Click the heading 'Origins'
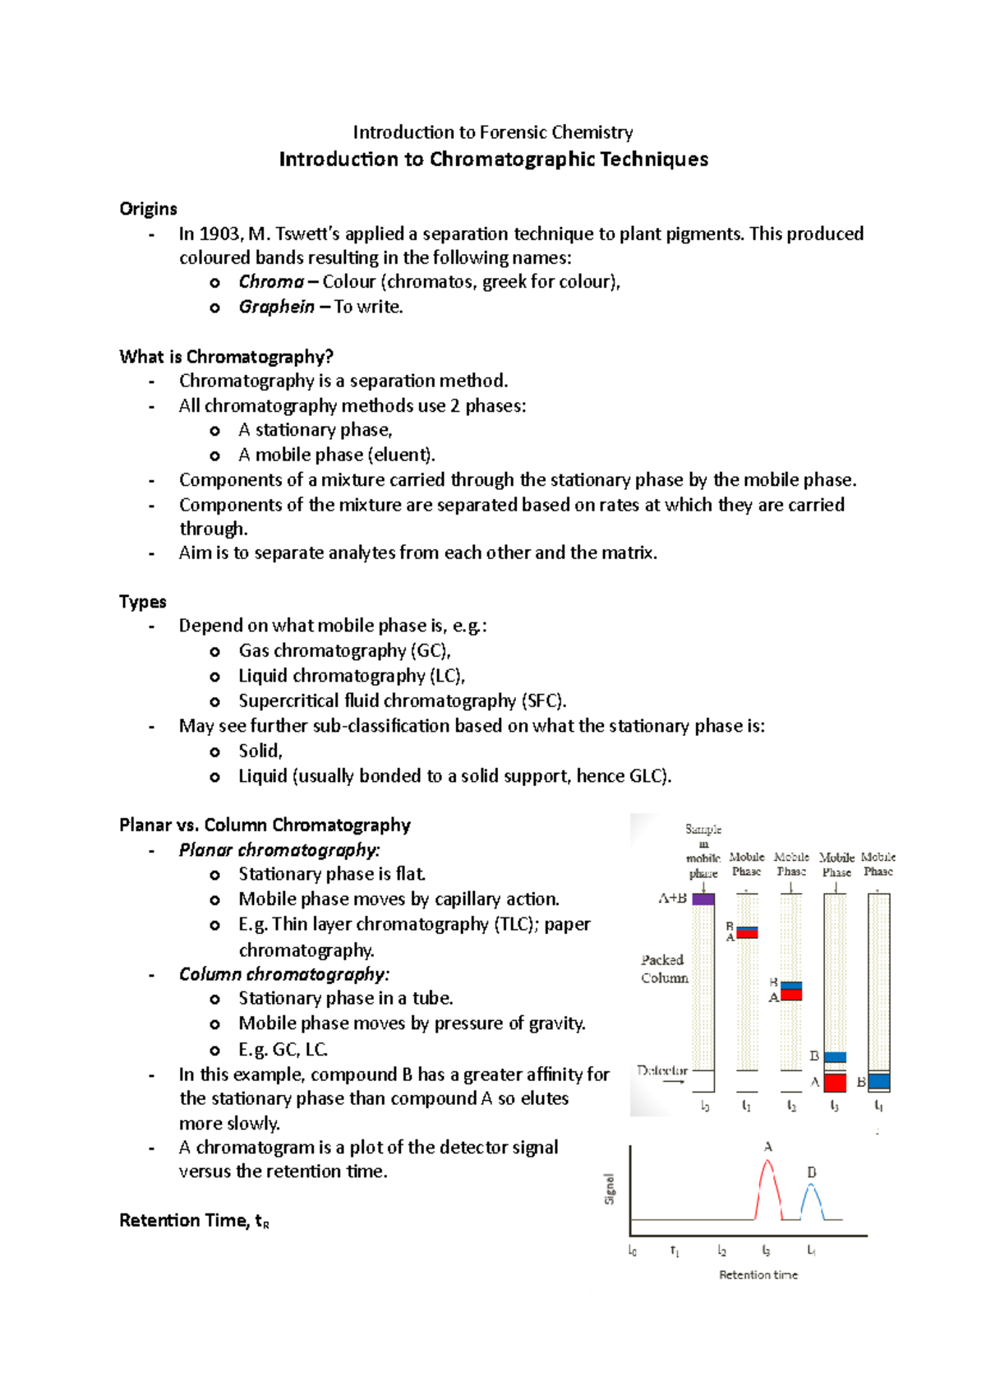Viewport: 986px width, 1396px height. point(148,209)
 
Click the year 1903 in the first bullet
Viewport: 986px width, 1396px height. point(219,234)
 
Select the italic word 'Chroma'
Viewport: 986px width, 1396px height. point(271,282)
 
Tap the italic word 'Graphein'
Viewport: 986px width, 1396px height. point(276,307)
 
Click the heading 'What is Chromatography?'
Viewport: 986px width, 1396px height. point(226,357)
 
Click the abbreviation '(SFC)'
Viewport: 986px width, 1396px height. point(543,701)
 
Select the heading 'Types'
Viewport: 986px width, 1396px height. point(142,602)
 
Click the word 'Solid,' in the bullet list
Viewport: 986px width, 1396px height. point(260,751)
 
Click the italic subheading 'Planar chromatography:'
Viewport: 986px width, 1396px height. point(279,850)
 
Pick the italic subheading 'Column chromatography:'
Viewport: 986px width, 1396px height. point(283,974)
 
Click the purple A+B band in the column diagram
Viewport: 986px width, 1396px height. point(703,899)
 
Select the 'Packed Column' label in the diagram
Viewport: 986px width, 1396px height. point(664,968)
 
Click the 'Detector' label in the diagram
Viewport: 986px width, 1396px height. point(662,1070)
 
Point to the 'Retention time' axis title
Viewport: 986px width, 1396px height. point(758,1275)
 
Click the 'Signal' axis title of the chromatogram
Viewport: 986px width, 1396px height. point(610,1189)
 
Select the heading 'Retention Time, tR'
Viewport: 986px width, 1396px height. point(194,1221)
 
